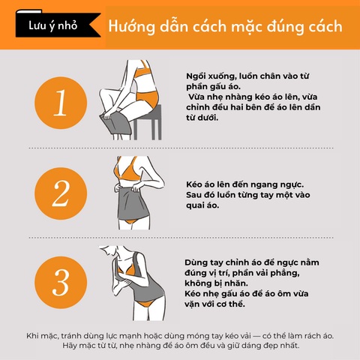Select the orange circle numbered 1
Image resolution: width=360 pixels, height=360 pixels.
point(61,103)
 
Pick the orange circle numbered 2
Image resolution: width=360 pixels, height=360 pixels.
point(61,193)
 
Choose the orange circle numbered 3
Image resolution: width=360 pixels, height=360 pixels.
point(61,283)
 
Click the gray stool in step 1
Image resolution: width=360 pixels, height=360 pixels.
point(148,122)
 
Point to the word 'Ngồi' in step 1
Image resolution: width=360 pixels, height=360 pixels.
point(196,76)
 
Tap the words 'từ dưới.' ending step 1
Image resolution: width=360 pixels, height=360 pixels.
point(202,118)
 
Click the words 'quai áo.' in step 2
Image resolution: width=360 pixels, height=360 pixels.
point(202,205)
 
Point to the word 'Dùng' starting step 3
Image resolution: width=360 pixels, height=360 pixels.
point(196,262)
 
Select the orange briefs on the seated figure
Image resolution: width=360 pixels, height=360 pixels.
point(148,98)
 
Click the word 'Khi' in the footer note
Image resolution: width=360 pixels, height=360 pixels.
point(32,336)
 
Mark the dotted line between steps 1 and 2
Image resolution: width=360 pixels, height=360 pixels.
point(181,148)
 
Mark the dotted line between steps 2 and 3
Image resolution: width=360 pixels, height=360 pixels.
point(181,238)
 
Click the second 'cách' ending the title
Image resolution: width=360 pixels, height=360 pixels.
point(325,26)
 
